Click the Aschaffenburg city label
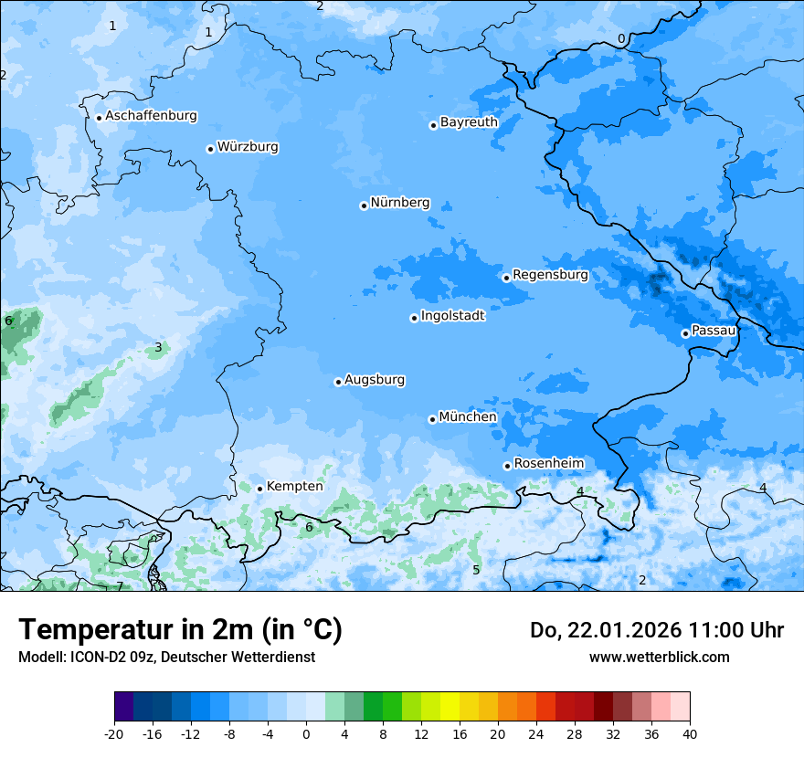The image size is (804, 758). point(151,116)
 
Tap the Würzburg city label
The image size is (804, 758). point(248,147)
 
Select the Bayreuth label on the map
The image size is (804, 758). point(469,122)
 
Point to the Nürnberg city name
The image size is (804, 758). point(400,203)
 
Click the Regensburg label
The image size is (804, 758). point(550,275)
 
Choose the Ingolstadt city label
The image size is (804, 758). point(452,316)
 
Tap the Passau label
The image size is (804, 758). point(714,331)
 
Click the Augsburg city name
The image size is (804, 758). point(375,380)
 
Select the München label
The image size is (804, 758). point(468,417)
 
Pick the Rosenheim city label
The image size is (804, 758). point(548,464)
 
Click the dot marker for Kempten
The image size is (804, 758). point(259,489)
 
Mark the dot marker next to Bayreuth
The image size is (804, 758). point(433,125)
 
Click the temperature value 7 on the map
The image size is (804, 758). point(119,586)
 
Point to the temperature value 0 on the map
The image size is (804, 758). point(621,39)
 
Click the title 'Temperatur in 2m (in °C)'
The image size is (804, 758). point(180,630)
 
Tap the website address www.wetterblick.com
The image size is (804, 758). point(659,658)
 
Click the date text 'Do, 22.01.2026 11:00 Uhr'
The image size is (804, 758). point(656,630)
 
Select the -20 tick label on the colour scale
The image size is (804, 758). point(114,734)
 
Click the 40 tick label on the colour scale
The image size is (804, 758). point(689,734)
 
